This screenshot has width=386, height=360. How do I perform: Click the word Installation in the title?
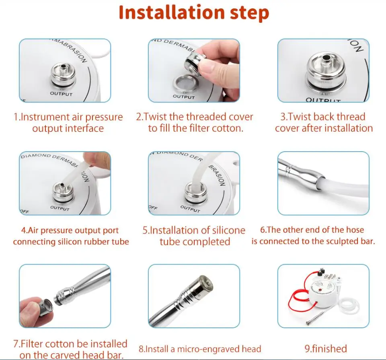point(171,12)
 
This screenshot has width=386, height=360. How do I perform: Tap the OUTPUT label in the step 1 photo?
point(61,94)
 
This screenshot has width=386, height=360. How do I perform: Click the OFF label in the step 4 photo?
point(25,211)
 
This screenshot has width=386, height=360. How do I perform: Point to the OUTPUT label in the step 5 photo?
point(190,209)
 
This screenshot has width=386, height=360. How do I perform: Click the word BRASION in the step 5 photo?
point(217,175)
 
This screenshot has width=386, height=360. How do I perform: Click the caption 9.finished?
point(326,348)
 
